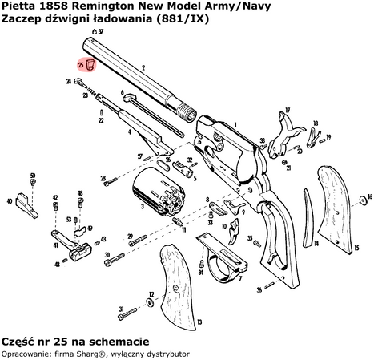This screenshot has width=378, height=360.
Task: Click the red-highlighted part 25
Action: tap(90, 64)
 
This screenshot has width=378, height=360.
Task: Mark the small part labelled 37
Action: tap(91, 30)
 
